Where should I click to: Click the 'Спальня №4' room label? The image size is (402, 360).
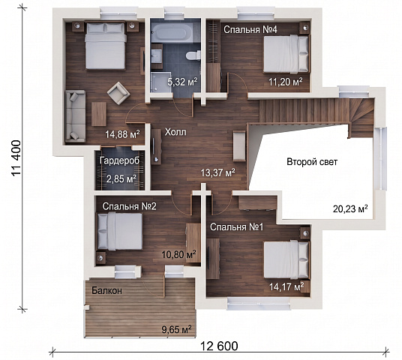[250, 29]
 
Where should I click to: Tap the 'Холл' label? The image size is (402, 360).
[175, 132]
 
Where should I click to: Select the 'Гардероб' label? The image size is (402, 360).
[120, 160]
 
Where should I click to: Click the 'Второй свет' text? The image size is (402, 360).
[312, 162]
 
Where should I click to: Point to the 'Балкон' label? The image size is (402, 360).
[107, 290]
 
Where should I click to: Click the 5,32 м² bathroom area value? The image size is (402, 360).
[182, 82]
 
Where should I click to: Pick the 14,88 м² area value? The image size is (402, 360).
[122, 133]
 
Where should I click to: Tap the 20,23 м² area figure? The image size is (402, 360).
[350, 208]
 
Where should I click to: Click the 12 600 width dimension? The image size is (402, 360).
[219, 346]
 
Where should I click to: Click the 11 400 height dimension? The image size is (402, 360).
[16, 158]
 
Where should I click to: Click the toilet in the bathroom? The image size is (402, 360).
[193, 55]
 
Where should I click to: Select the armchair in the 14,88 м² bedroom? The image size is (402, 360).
[118, 93]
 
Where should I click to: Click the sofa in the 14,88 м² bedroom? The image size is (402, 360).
[75, 116]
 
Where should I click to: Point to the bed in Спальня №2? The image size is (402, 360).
[119, 232]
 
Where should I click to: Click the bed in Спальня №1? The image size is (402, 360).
[286, 260]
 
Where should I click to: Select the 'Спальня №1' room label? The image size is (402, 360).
[237, 226]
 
